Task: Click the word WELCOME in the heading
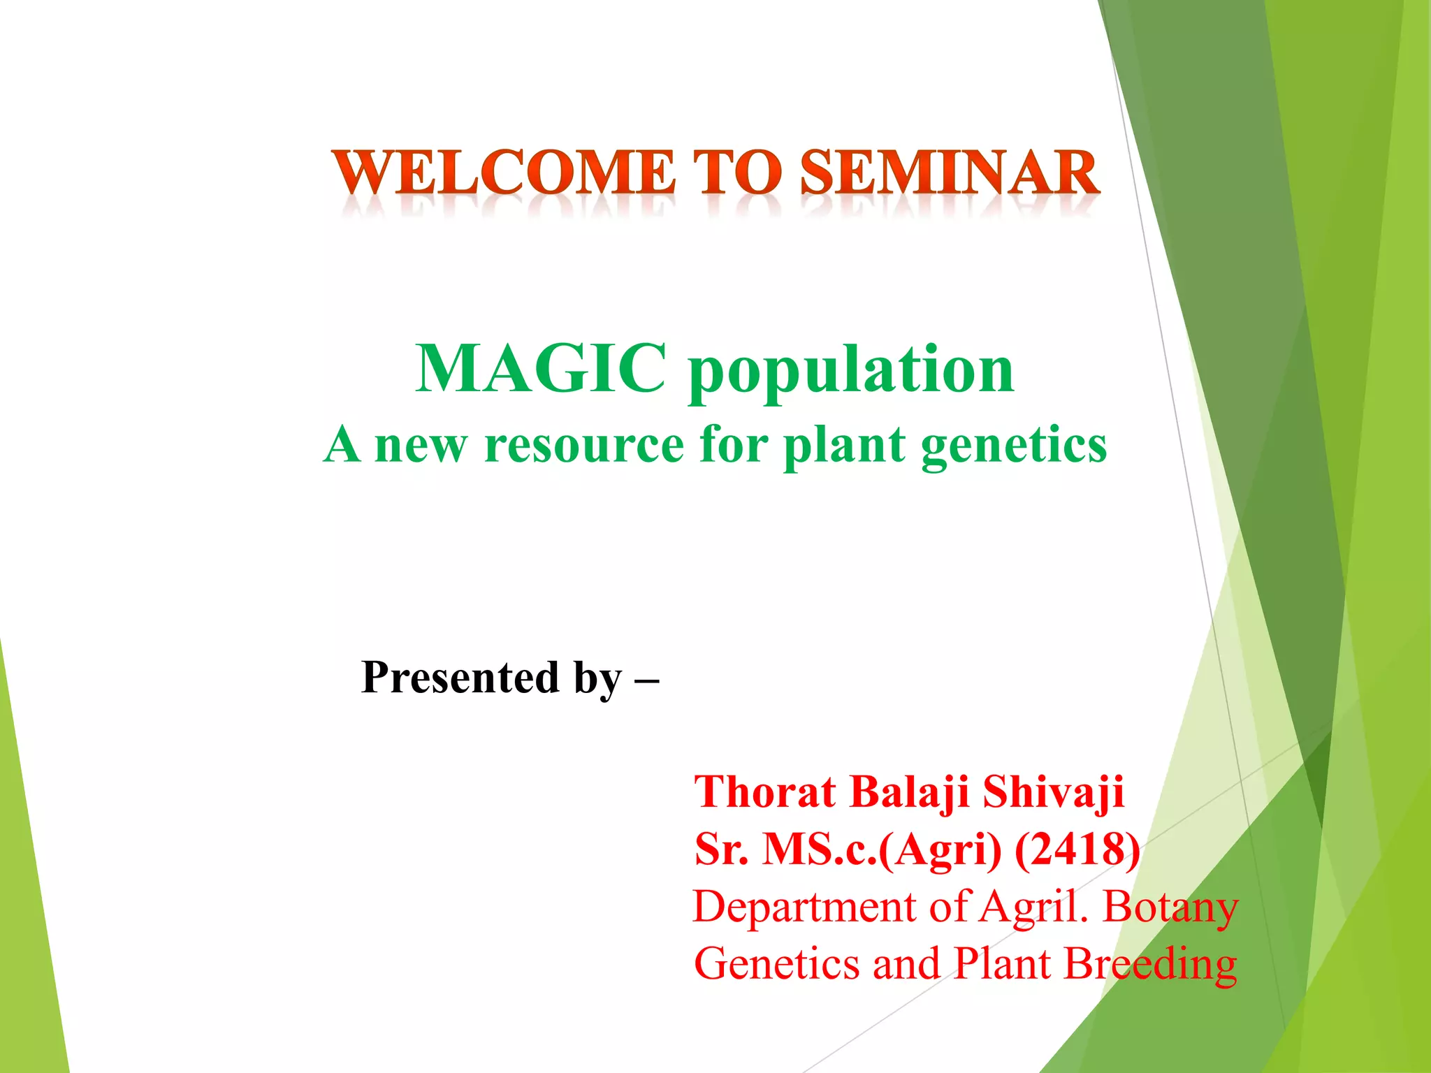coord(503,173)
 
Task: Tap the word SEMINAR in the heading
coord(950,173)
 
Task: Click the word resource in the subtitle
coord(584,444)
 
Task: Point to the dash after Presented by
coord(647,679)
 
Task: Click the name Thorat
coord(764,792)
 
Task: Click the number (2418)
coord(1077,850)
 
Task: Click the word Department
coord(804,907)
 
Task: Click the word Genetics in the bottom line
coord(776,965)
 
